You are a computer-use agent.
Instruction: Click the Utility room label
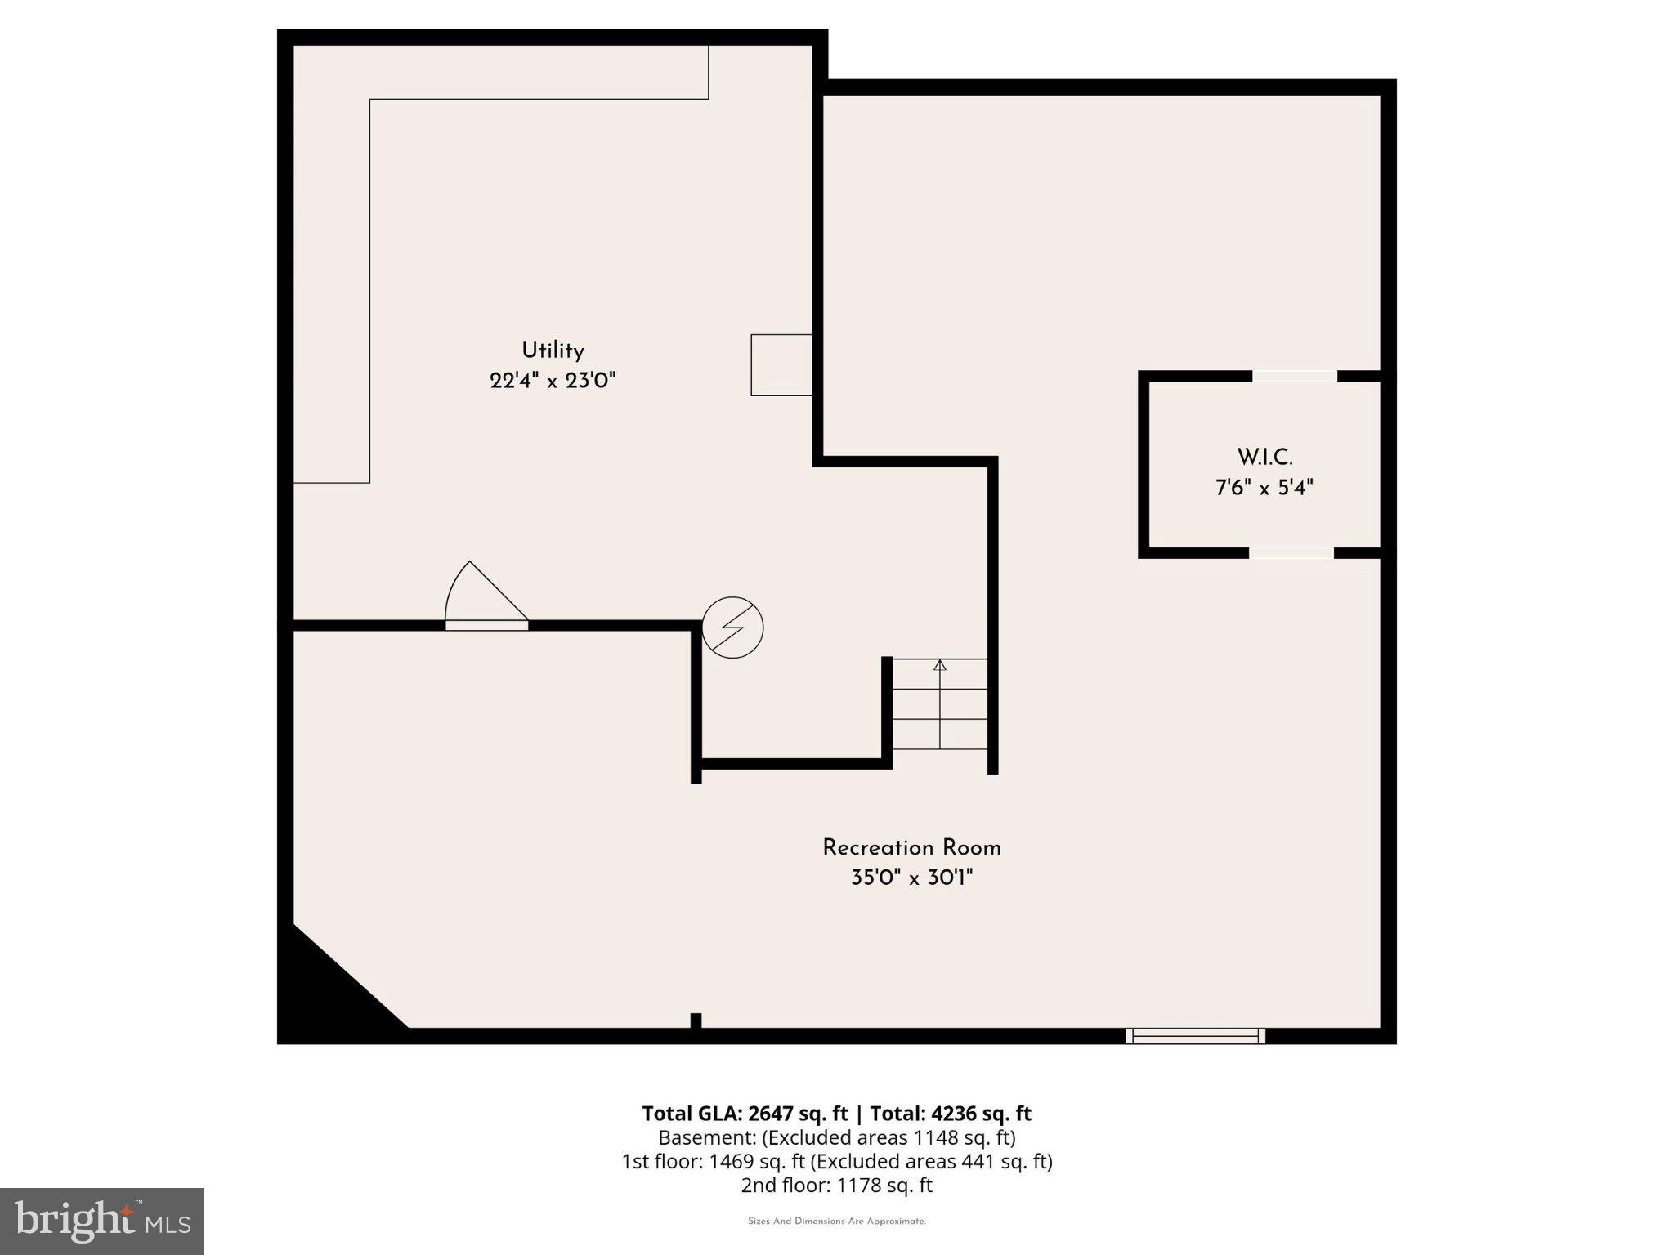(x=553, y=351)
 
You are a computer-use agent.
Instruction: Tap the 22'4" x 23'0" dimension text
(x=553, y=381)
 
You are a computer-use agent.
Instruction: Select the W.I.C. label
(x=1264, y=457)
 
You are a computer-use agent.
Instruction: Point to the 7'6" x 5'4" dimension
(x=1264, y=488)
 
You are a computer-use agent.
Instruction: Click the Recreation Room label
(x=911, y=847)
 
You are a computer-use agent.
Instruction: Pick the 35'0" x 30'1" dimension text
(x=911, y=878)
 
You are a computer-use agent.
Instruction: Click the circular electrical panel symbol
(x=732, y=627)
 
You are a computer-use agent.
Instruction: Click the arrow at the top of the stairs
(x=940, y=666)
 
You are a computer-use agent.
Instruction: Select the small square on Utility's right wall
(x=781, y=365)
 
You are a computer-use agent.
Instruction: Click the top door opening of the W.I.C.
(x=1295, y=376)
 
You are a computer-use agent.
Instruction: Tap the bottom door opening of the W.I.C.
(x=1291, y=553)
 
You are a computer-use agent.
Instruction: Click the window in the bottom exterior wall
(x=1195, y=1036)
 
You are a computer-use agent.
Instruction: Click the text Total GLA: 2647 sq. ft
(x=745, y=1114)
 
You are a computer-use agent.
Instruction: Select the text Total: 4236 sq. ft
(x=950, y=1114)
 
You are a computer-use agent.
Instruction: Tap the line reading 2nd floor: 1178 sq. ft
(x=836, y=1185)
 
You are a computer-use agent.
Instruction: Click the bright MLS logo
(x=102, y=1222)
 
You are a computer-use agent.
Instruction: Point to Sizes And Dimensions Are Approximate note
(x=836, y=1222)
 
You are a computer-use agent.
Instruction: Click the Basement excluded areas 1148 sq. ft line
(x=836, y=1137)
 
